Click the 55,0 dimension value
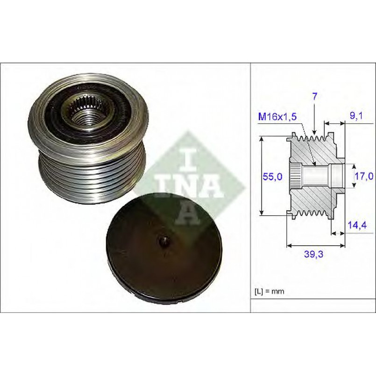pos(272,177)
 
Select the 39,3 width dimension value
pos(314,254)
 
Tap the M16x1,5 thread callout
pos(277,117)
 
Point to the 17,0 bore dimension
pos(364,176)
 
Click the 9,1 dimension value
pos(356,116)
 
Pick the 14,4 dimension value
pos(357,225)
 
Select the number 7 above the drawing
pos(315,96)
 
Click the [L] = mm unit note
pos(270,291)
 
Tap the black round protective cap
pos(164,248)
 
